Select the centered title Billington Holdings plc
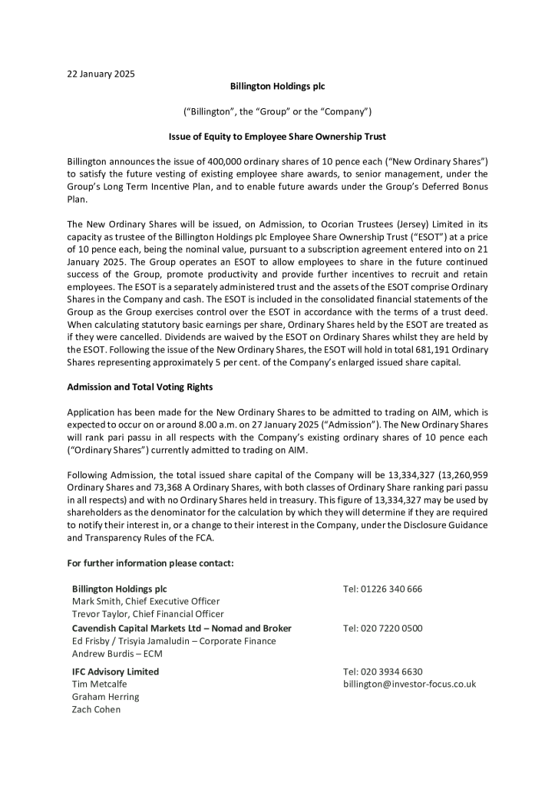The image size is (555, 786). point(277,87)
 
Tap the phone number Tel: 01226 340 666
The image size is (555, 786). point(382,589)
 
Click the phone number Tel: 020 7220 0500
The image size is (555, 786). point(382,628)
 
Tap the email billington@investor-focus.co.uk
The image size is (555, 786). point(409,684)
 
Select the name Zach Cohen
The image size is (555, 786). point(96,709)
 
